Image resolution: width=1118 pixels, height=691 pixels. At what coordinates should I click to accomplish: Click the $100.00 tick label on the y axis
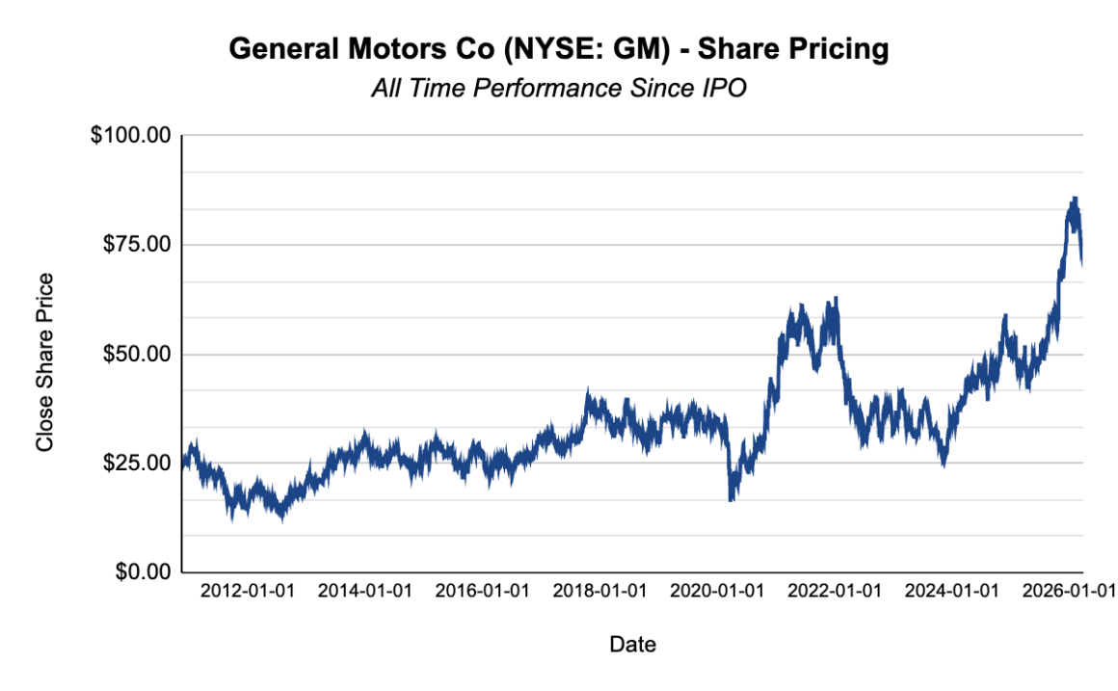pyautogui.click(x=130, y=136)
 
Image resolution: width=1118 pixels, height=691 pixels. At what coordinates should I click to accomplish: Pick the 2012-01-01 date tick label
pyautogui.click(x=247, y=591)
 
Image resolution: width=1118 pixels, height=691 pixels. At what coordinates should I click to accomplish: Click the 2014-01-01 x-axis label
pyautogui.click(x=364, y=591)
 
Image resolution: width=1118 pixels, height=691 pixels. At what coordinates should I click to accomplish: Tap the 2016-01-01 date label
pyautogui.click(x=482, y=591)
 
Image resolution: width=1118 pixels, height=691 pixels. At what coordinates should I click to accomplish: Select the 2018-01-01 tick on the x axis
pyautogui.click(x=599, y=591)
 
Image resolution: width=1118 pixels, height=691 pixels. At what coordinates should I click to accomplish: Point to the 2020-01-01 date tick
pyautogui.click(x=717, y=591)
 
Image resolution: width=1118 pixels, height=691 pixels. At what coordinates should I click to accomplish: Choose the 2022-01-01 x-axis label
pyautogui.click(x=835, y=591)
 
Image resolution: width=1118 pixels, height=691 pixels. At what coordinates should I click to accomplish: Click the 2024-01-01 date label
pyautogui.click(x=952, y=591)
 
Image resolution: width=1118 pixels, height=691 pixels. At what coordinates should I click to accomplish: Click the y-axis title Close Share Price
pyautogui.click(x=44, y=362)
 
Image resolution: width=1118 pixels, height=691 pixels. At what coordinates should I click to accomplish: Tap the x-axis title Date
pyautogui.click(x=632, y=644)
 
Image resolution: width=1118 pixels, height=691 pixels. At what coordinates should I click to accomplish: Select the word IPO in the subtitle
pyautogui.click(x=725, y=89)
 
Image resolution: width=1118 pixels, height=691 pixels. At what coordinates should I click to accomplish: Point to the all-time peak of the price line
pyautogui.click(x=1075, y=199)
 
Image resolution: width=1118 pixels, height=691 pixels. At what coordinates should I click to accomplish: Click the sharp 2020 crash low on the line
pyautogui.click(x=732, y=499)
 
